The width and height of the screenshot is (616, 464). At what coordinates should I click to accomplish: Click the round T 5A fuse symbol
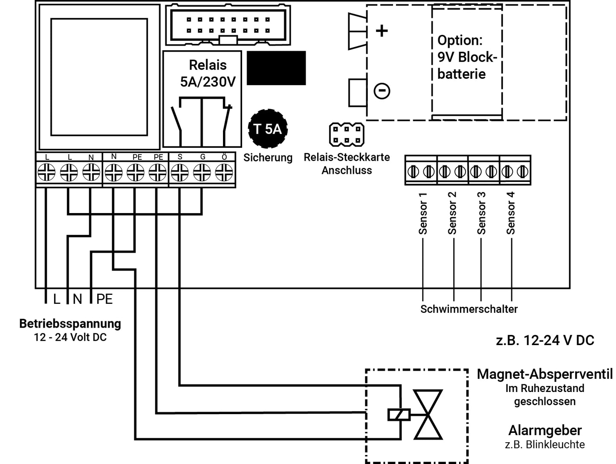pyautogui.click(x=268, y=129)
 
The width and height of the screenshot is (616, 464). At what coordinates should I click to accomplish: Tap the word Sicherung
pyautogui.click(x=268, y=158)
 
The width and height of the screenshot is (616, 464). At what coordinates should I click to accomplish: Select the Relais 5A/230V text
pyautogui.click(x=208, y=73)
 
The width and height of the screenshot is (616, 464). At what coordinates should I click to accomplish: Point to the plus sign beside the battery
pyautogui.click(x=382, y=31)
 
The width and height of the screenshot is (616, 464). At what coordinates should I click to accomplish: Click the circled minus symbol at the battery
pyautogui.click(x=382, y=91)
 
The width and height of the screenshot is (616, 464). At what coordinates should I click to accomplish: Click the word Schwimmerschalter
pyautogui.click(x=469, y=309)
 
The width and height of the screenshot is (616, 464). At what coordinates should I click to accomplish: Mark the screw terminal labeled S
pyautogui.click(x=180, y=173)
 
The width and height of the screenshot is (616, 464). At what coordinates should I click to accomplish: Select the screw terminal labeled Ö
pyautogui.click(x=224, y=173)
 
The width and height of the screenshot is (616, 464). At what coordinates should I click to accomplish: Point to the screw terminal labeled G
pyautogui.click(x=202, y=173)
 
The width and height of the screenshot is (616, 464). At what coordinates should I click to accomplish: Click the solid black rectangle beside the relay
pyautogui.click(x=276, y=68)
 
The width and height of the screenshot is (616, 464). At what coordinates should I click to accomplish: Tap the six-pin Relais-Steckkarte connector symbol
pyautogui.click(x=347, y=134)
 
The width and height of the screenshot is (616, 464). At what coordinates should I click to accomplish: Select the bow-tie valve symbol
pyautogui.click(x=428, y=414)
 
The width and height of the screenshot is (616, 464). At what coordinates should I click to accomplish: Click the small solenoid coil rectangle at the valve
pyautogui.click(x=399, y=414)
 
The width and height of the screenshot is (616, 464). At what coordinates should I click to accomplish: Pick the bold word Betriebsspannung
pyautogui.click(x=70, y=323)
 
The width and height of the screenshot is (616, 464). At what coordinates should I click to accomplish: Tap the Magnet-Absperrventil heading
pyautogui.click(x=544, y=374)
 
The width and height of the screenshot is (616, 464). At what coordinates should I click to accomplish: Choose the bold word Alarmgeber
pyautogui.click(x=545, y=430)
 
